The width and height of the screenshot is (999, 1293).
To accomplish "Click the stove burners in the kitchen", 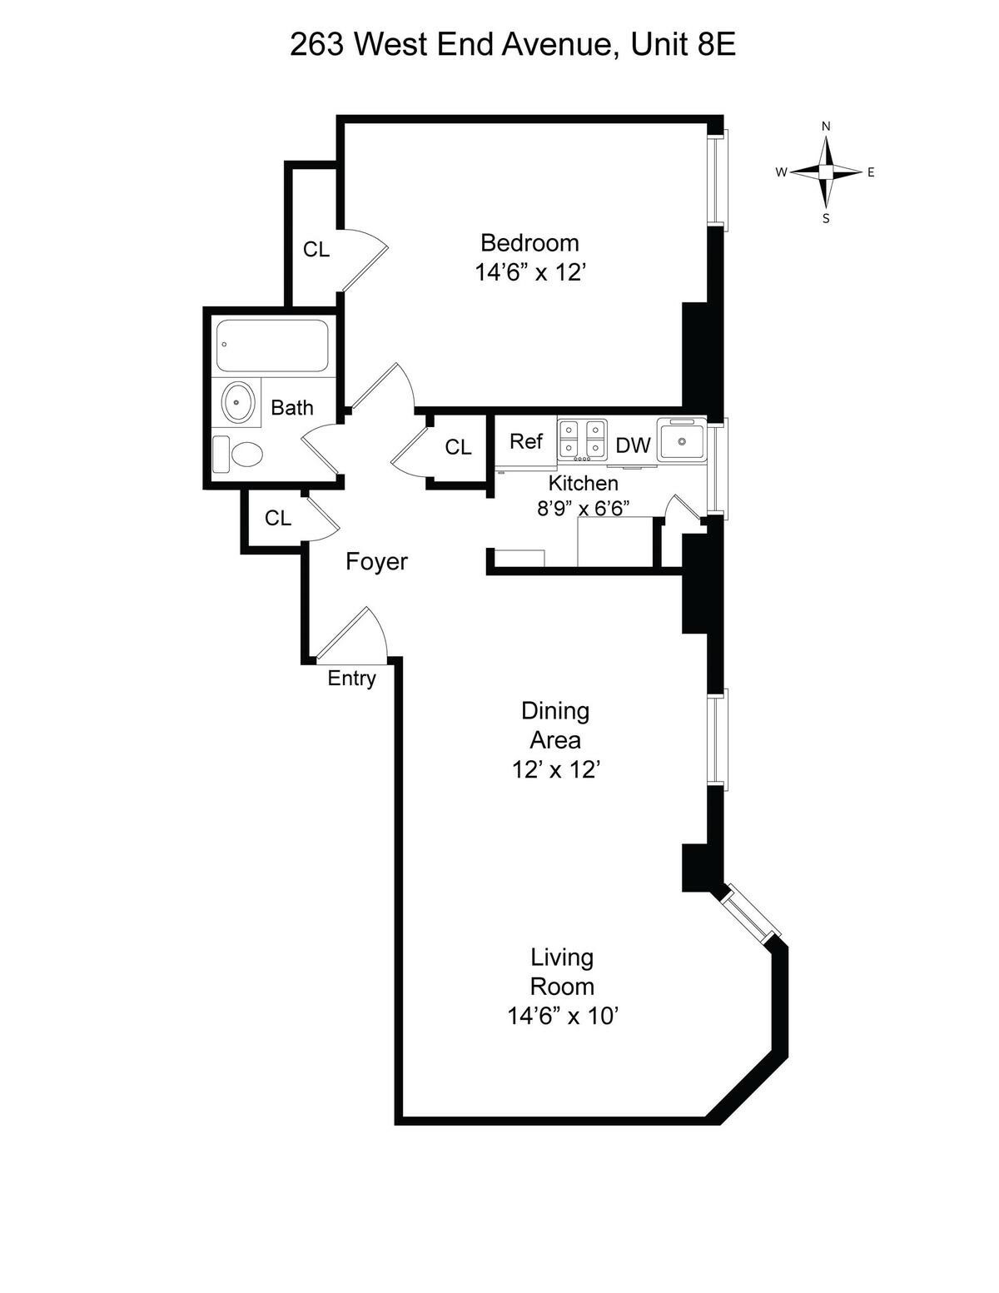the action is point(581,439).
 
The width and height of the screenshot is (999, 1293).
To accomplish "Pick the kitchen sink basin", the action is point(682,440).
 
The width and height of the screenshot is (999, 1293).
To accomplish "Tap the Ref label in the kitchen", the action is point(526,441).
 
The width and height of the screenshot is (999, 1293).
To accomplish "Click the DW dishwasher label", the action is point(633,445).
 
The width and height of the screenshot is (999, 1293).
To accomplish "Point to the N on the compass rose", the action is point(826,127).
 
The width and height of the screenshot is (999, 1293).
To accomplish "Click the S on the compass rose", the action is point(826,219).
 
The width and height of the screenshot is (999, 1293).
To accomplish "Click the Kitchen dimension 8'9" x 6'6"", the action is point(583,507).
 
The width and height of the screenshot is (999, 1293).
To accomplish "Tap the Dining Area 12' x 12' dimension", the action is point(555,769).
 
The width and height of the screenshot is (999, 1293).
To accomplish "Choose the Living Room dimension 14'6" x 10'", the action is point(562,1016).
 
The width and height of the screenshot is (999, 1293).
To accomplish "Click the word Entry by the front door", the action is point(351,679).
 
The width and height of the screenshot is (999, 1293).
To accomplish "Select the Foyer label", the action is point(376,562).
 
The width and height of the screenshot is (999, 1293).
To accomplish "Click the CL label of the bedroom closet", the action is point(316,249).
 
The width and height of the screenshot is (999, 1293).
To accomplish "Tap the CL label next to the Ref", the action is point(458,447).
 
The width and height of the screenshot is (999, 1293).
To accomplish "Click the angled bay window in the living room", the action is point(752,914).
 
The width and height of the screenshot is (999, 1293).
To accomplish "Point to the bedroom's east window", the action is point(718,179).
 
